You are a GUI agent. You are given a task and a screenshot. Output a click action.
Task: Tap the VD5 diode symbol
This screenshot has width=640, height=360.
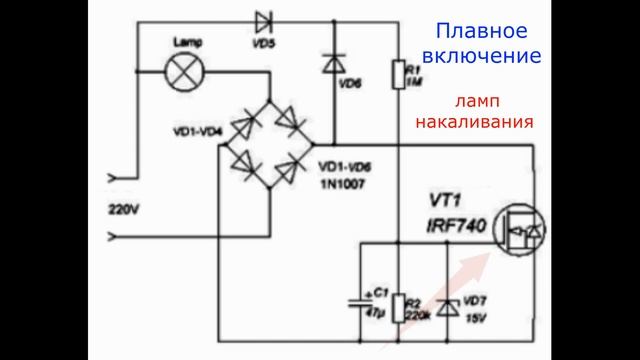[264, 21]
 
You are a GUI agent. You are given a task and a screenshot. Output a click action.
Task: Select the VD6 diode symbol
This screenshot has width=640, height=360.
[333, 65]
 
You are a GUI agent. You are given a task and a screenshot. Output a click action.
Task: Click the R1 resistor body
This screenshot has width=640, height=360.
[397, 72]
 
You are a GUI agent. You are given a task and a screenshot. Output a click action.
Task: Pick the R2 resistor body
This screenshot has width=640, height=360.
[397, 308]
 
